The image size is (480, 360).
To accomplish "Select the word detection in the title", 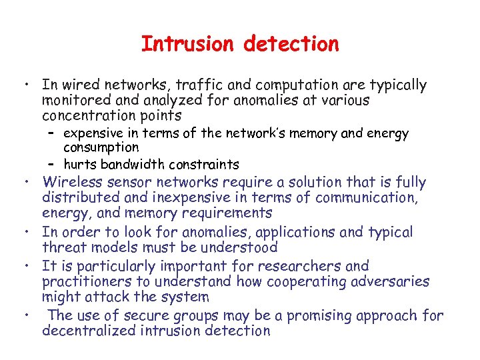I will coord(291,44).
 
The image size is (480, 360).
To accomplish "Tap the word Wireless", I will coord(73,182).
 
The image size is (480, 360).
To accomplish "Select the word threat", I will coord(63,247).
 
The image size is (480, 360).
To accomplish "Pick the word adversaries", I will coord(392,281).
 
